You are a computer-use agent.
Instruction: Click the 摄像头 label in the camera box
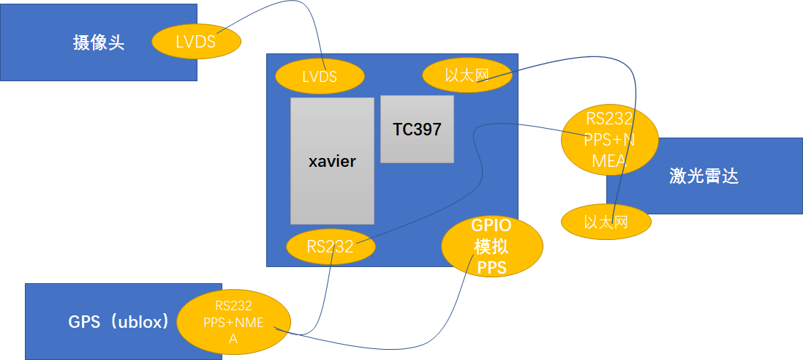(99, 42)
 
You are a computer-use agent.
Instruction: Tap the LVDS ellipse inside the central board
(320, 76)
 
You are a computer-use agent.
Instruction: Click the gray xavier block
(332, 161)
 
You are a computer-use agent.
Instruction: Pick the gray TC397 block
(417, 130)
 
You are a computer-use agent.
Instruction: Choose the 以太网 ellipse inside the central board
(467, 75)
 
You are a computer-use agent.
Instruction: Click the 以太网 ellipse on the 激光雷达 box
(606, 221)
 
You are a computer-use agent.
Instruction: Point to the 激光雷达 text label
(704, 176)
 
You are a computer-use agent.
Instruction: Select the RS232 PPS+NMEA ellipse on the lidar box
(609, 139)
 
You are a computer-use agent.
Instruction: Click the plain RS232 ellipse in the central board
(331, 247)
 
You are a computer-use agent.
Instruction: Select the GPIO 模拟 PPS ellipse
(491, 247)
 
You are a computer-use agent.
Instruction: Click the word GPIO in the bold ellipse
(491, 227)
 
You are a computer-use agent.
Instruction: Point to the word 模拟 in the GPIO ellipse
(491, 247)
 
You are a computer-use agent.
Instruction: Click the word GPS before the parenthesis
(84, 322)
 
